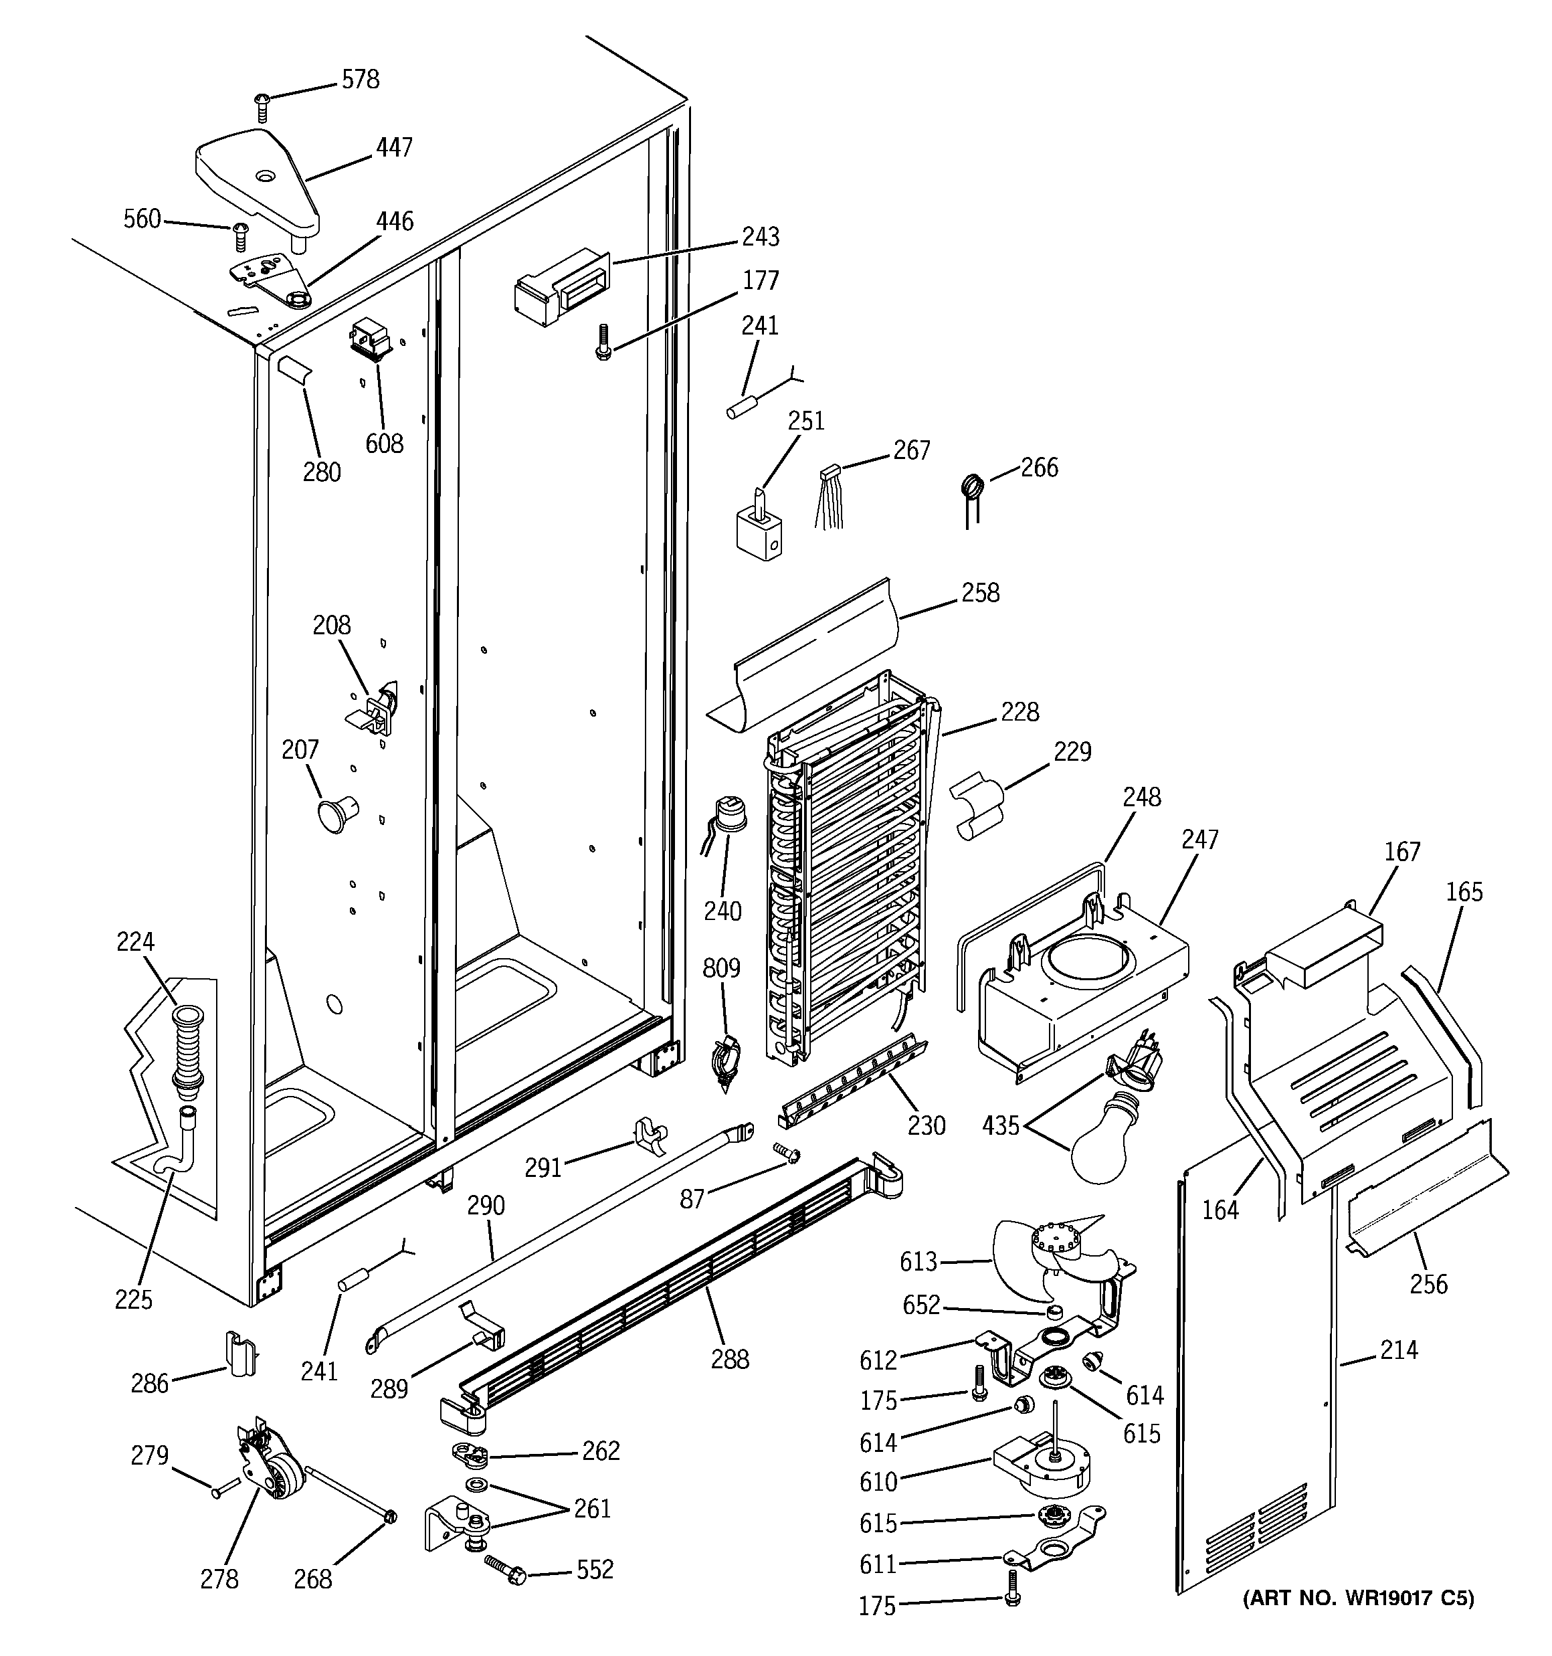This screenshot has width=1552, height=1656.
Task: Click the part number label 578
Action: [360, 80]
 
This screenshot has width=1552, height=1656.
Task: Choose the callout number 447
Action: [393, 147]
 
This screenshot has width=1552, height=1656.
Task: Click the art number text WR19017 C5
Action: [1358, 1598]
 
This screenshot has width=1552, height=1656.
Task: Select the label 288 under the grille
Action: [730, 1359]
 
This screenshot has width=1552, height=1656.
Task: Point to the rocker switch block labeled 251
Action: [759, 534]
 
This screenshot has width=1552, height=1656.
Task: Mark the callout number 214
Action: [1398, 1350]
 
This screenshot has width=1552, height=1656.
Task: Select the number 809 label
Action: [720, 968]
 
